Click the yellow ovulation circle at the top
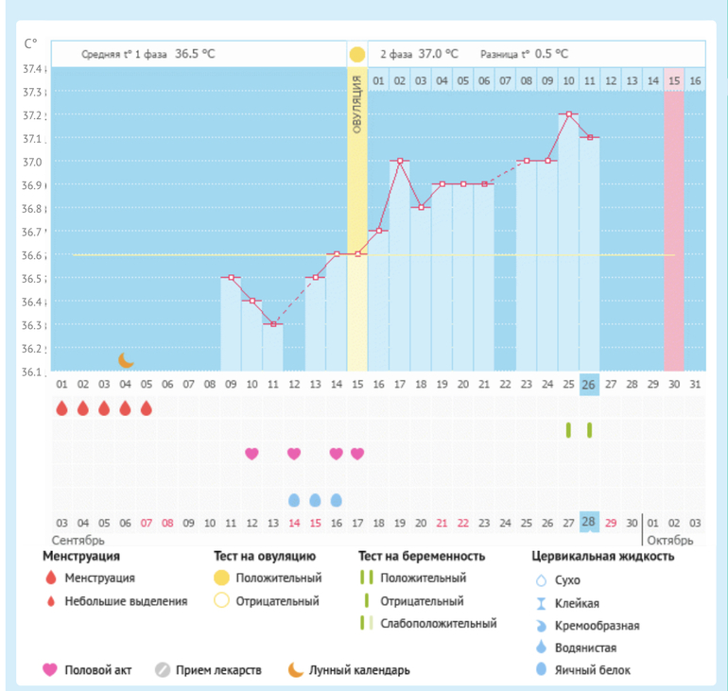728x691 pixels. (x=356, y=54)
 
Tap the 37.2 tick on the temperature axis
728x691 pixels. (x=33, y=115)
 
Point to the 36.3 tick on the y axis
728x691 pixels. (x=33, y=325)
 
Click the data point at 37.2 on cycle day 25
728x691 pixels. (x=568, y=114)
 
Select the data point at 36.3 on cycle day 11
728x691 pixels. (x=272, y=324)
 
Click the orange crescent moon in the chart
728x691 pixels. (x=126, y=360)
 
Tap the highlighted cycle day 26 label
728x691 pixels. (x=589, y=385)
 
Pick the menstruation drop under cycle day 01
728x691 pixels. (x=61, y=408)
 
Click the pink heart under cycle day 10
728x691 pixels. (x=251, y=454)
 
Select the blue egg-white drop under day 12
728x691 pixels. (x=294, y=499)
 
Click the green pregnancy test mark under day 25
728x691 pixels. (x=568, y=430)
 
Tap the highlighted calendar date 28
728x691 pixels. (x=589, y=523)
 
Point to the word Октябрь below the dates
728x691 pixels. (x=669, y=541)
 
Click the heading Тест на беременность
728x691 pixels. (x=422, y=557)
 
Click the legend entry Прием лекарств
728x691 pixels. (x=220, y=670)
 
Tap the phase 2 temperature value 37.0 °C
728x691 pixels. (x=439, y=54)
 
